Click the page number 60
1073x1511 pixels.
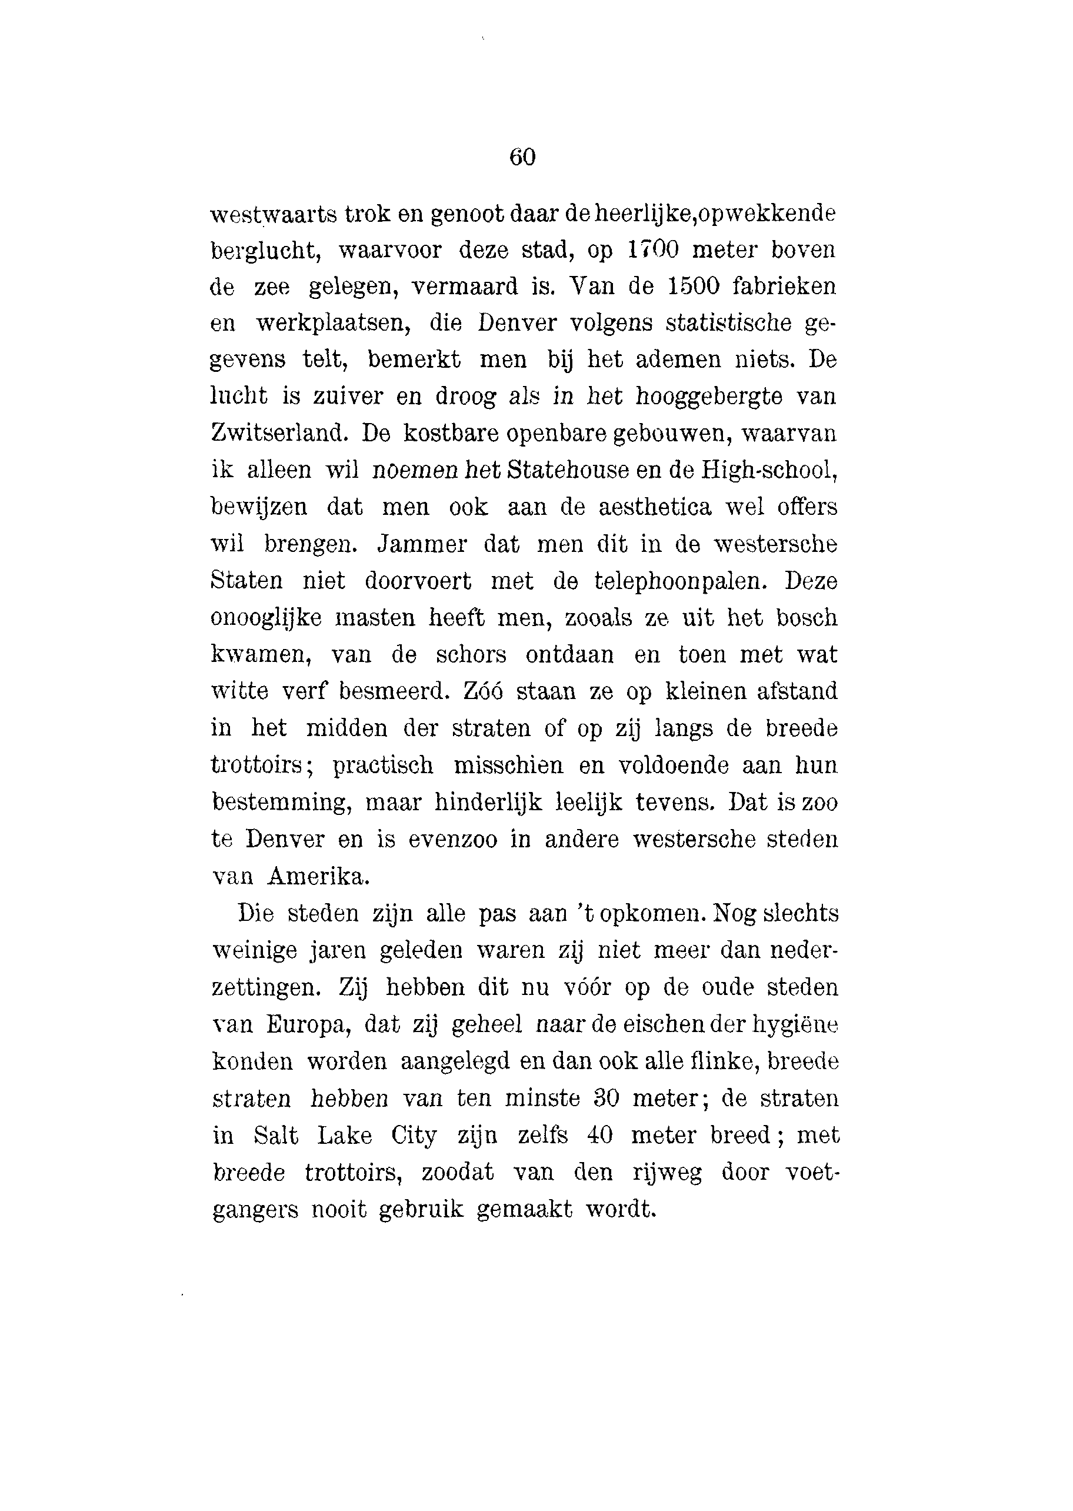tap(522, 157)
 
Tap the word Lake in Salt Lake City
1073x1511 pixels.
tap(344, 1136)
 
